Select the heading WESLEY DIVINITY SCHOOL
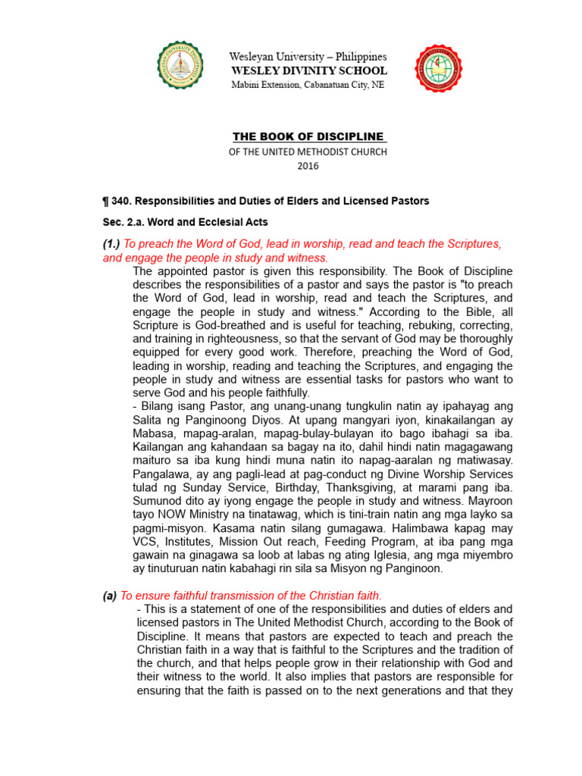click(x=308, y=70)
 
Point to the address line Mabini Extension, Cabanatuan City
click(x=308, y=85)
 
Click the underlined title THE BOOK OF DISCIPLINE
click(x=308, y=137)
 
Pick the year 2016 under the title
click(x=308, y=166)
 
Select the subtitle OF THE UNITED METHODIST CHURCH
click(x=308, y=152)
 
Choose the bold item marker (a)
click(x=110, y=596)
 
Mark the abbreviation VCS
click(x=145, y=541)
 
